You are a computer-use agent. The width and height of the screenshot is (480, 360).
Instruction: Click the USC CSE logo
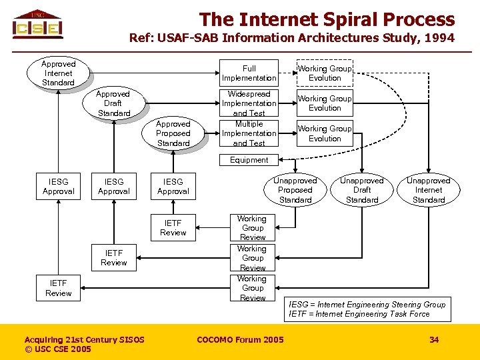(38, 25)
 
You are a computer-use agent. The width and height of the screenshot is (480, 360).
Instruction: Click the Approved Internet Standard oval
(59, 73)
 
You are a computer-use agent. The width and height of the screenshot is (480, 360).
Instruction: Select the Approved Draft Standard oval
(113, 103)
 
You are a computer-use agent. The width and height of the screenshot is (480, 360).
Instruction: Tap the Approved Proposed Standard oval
(173, 133)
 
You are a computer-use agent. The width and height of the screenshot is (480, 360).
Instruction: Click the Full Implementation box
(249, 73)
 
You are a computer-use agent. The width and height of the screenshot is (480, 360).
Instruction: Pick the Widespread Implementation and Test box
(249, 103)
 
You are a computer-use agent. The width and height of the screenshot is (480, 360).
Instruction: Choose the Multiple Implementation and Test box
(249, 133)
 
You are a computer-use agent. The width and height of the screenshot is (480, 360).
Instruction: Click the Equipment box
(249, 160)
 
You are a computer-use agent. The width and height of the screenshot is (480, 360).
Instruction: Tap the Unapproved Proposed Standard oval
(295, 190)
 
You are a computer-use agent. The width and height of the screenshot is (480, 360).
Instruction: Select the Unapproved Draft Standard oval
(362, 190)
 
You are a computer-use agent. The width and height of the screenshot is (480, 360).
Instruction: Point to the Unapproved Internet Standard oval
(429, 190)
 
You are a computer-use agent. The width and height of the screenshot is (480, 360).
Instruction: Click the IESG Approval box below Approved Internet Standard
(59, 186)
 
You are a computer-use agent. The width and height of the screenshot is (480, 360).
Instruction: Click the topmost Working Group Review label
(252, 228)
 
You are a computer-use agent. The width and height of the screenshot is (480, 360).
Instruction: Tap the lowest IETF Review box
(59, 288)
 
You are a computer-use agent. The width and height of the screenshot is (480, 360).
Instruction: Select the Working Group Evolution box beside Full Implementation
(325, 73)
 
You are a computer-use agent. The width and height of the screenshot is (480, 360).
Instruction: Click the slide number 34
(434, 340)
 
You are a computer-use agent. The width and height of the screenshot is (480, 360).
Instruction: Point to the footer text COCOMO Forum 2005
(240, 340)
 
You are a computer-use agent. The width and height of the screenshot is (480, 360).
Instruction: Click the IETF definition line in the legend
(359, 314)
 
